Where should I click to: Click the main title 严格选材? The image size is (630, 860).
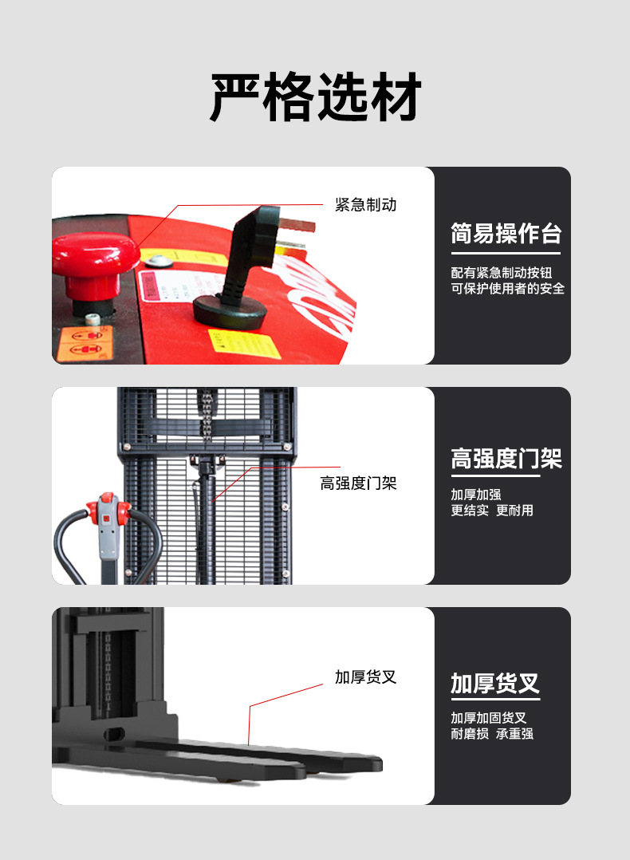[x=315, y=98]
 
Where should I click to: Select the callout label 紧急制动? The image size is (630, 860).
[x=365, y=205]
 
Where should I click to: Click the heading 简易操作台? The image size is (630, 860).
[x=506, y=234]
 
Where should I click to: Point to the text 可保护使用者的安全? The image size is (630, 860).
[x=507, y=289]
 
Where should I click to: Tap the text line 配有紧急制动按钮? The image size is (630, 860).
[x=501, y=272]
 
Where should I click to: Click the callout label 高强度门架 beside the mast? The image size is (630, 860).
[x=358, y=483]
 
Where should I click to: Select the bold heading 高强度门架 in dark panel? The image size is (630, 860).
[x=506, y=459]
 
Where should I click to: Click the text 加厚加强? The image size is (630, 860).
[x=476, y=494]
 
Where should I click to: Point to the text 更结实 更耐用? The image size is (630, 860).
[x=492, y=511]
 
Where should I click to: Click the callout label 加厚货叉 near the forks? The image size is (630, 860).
[x=365, y=677]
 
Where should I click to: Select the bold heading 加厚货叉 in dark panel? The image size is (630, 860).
[x=494, y=684]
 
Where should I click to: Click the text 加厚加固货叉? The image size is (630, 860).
[x=488, y=718]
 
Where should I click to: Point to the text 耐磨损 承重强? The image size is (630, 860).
[x=492, y=734]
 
